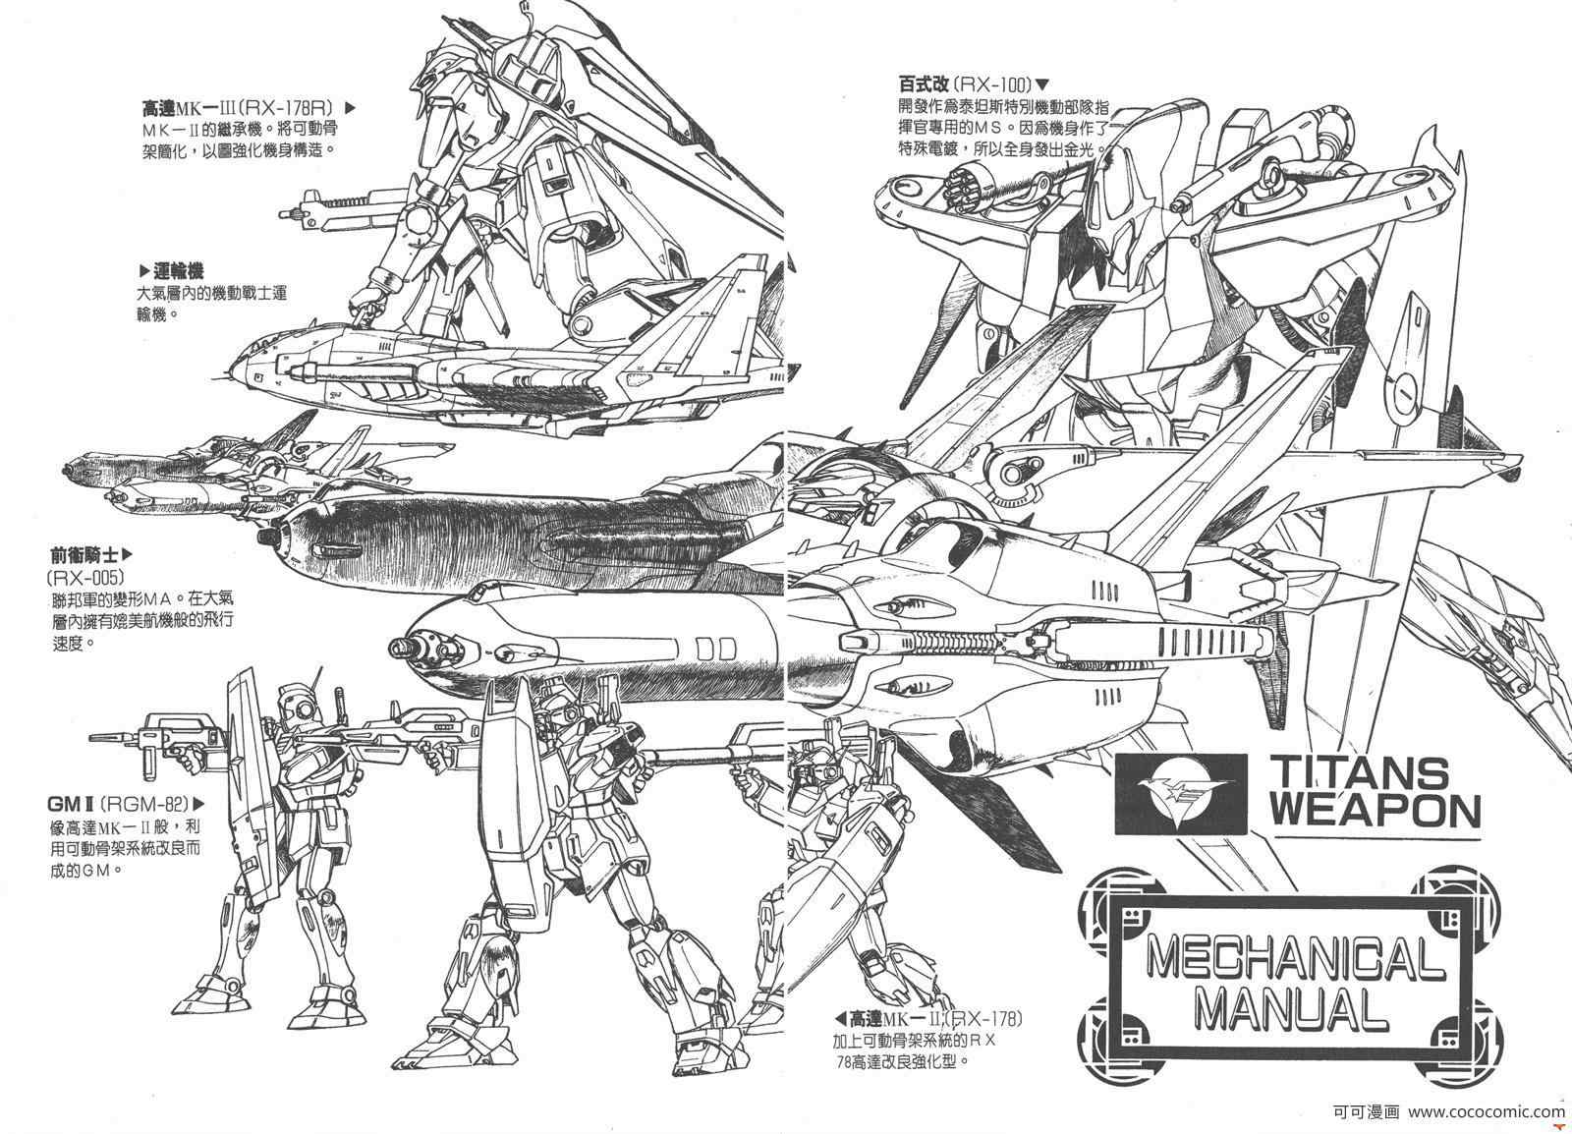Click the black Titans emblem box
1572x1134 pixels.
[1178, 793]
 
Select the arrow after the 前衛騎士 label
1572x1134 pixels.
[127, 554]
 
